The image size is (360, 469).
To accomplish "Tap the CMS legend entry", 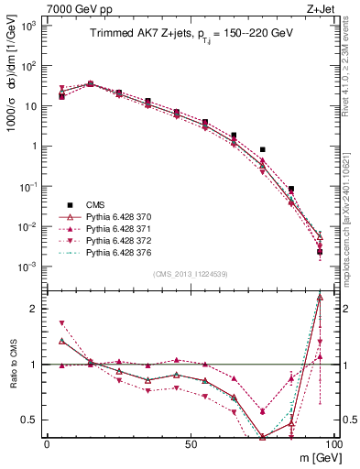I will (x=97, y=204).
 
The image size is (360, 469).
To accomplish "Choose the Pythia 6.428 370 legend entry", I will (x=125, y=216).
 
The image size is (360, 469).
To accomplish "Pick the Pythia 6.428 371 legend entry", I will (x=125, y=228).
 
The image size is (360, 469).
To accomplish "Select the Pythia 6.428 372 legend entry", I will (x=125, y=240).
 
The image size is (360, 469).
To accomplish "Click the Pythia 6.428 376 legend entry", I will (x=125, y=252).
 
